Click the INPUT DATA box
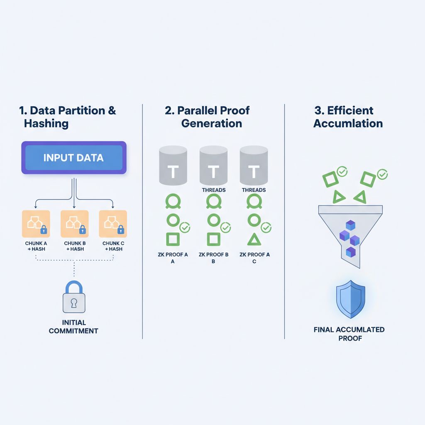tap(74, 158)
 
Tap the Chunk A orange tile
tap(36, 224)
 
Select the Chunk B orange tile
tap(74, 224)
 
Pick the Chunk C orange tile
tap(113, 224)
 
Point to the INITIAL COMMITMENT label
tap(74, 327)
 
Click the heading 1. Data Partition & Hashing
tap(68, 117)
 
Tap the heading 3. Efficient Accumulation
tap(348, 117)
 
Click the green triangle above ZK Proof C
tap(254, 239)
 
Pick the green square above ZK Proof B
tap(213, 239)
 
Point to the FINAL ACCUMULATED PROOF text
tap(349, 334)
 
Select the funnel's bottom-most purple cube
tap(351, 252)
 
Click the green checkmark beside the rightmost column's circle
tap(266, 227)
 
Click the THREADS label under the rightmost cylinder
tap(254, 190)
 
